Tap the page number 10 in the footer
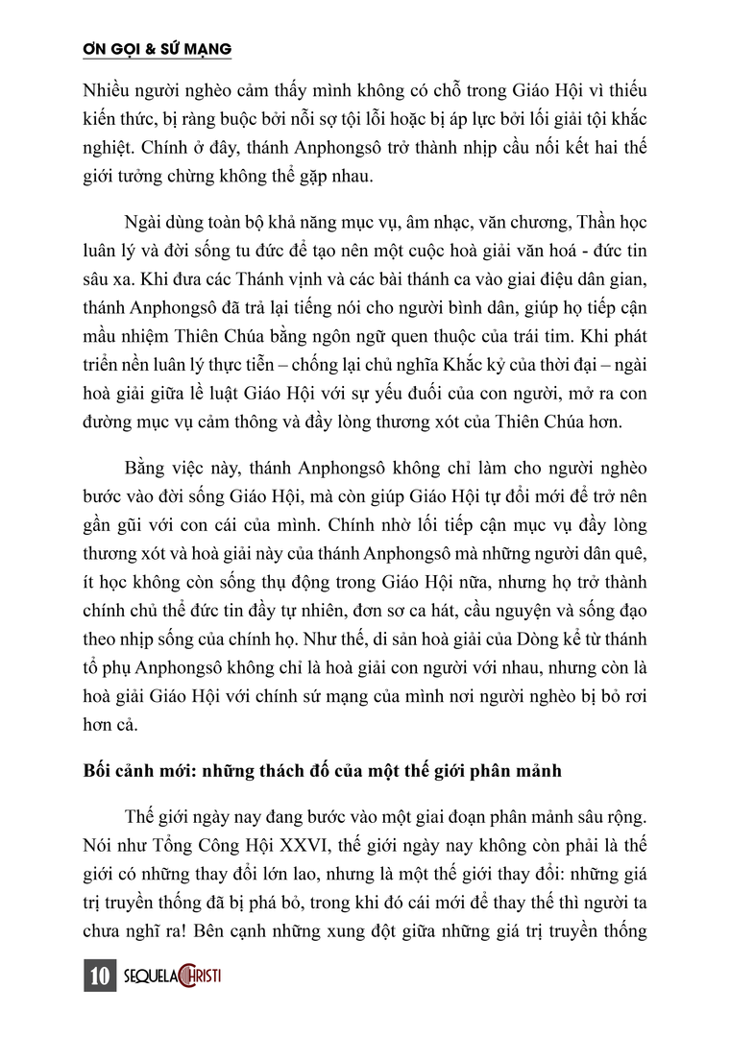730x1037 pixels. click(x=99, y=977)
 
